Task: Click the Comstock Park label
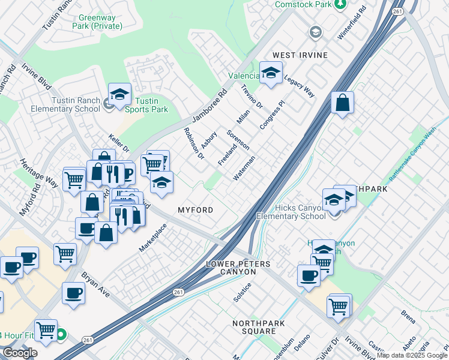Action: point(303,4)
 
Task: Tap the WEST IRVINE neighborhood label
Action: point(300,55)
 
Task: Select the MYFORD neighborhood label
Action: point(195,210)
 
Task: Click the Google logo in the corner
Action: point(20,353)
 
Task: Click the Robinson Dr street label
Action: point(194,143)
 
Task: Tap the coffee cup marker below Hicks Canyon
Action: point(309,275)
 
